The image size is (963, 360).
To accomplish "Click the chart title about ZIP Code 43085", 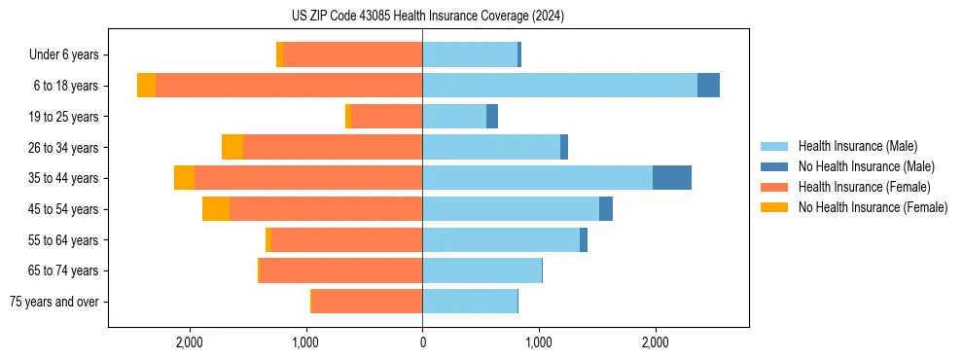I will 422,17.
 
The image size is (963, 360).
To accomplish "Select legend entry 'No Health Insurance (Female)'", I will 873,207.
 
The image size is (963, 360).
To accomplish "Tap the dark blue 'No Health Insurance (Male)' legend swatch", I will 774,166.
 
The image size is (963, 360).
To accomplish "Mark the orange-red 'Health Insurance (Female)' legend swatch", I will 774,187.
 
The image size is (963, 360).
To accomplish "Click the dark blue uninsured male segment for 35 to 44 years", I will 672,178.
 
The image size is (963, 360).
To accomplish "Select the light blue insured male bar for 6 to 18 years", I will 559,86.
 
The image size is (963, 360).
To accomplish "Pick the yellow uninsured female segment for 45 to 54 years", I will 216,209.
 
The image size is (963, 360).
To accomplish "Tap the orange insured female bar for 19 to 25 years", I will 386,117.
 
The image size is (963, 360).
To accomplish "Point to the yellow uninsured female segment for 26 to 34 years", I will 232,147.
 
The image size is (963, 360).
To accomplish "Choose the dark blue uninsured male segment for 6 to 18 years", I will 708,86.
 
